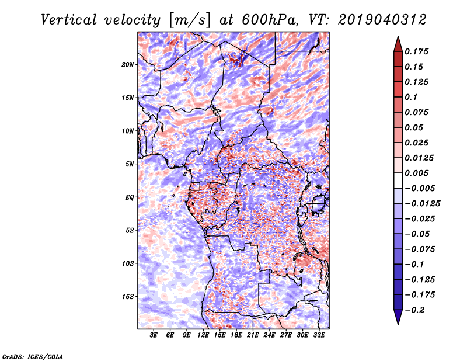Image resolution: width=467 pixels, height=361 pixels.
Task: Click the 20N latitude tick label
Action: [128, 64]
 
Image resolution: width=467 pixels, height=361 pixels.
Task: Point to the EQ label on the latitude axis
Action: [130, 197]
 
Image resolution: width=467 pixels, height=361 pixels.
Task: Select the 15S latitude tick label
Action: [128, 297]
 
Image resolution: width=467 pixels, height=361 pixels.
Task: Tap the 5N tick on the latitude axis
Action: [130, 164]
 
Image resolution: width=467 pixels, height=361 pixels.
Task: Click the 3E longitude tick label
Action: [154, 336]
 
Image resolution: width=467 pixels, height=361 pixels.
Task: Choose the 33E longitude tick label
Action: [319, 336]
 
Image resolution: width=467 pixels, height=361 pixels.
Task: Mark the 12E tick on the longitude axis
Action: [204, 336]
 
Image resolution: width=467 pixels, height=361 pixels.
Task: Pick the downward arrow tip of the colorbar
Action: [398, 323]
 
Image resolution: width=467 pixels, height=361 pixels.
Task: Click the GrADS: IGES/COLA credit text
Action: [32, 355]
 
